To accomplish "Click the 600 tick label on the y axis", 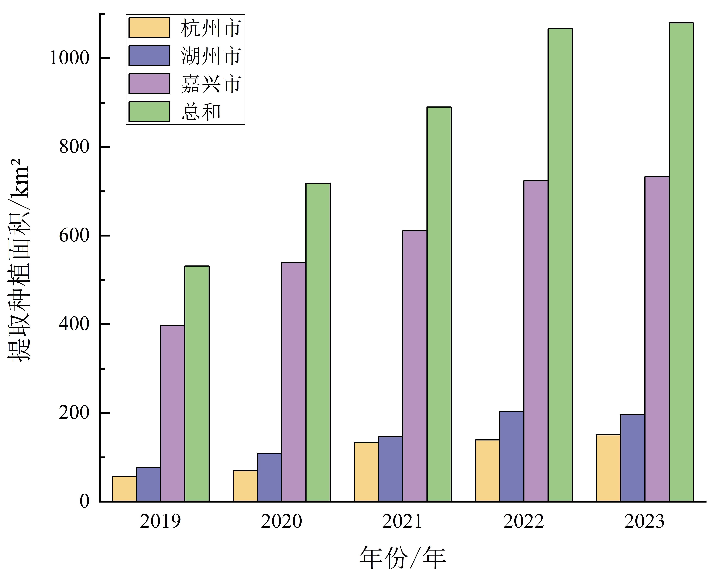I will [x=74, y=236].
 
